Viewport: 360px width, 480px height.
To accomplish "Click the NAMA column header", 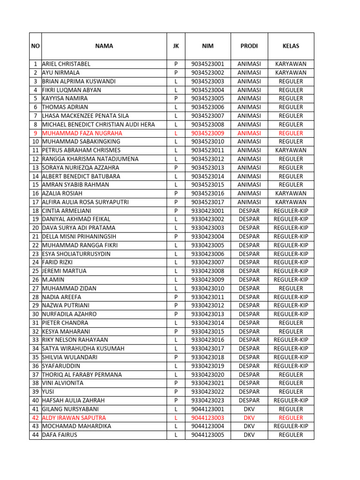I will pos(104,46).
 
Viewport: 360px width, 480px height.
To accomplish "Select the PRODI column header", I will pos(249,46).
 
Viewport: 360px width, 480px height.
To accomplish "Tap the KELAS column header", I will pos(291,46).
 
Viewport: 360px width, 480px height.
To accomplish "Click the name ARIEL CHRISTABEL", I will pos(66,64).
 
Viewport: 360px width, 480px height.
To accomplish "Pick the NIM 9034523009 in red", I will pos(208,133).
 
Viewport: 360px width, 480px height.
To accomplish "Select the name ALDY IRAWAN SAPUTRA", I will pos(74,418).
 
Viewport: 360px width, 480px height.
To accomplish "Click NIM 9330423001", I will pos(208,211).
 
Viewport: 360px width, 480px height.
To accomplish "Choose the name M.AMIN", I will pos(52,280).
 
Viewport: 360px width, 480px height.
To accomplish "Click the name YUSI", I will pos(49,392).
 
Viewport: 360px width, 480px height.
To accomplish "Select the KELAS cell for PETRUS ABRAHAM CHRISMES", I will pos(291,150).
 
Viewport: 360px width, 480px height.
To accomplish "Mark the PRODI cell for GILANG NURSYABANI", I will pos(249,409).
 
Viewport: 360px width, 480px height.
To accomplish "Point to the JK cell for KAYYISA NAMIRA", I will pos(176,98).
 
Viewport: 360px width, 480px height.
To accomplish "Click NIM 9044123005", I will pos(208,435).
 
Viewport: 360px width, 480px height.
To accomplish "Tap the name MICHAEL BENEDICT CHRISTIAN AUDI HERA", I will pos(98,125).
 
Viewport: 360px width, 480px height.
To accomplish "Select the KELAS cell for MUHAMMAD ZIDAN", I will pos(291,288).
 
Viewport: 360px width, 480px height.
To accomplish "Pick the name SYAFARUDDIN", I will pos(61,366).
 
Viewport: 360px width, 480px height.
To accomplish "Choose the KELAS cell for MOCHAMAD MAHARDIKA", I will pos(291,427).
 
